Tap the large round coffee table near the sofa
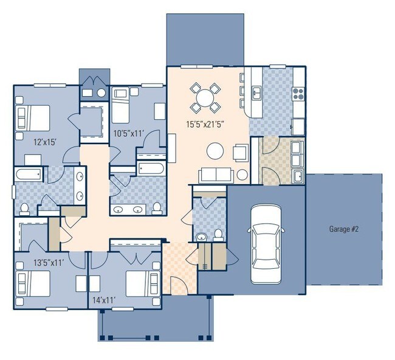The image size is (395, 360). pos(215,149)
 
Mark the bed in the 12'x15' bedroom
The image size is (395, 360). pos(32,115)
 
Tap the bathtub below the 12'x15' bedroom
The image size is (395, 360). pos(29,176)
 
